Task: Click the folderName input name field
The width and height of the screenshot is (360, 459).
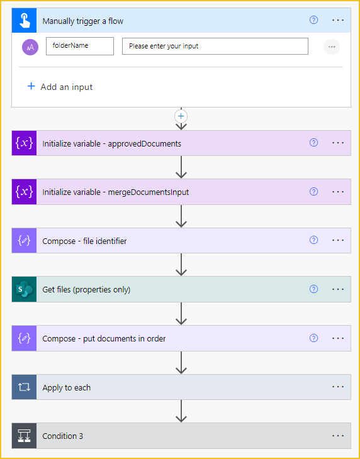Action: click(80, 46)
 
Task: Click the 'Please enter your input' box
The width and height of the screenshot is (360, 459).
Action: click(215, 46)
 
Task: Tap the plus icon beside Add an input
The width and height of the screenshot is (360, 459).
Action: click(31, 86)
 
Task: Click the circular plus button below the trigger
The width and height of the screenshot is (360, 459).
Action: click(181, 116)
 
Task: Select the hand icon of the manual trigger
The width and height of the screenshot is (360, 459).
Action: click(25, 20)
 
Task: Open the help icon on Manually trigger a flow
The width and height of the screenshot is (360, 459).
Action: click(313, 20)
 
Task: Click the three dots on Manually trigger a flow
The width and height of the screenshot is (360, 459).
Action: click(338, 20)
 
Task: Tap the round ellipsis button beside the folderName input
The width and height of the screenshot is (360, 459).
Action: click(332, 47)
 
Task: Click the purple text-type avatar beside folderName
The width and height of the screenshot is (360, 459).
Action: click(30, 47)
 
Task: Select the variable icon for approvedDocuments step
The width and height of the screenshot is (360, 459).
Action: click(25, 143)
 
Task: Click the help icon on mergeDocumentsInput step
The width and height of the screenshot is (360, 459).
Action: click(313, 191)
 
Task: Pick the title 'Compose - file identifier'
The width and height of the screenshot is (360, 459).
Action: click(84, 241)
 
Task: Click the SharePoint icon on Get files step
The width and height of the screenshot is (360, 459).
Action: click(25, 289)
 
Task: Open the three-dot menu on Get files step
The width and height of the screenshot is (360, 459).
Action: click(338, 289)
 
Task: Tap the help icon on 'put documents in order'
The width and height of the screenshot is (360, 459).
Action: click(313, 338)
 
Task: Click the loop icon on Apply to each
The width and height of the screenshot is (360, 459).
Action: click(25, 387)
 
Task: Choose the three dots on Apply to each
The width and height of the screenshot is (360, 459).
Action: click(338, 387)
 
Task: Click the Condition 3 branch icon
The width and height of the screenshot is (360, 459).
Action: click(25, 436)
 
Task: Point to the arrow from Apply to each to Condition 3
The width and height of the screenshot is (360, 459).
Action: click(181, 411)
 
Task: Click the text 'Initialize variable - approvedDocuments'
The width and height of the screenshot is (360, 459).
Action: click(111, 143)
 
